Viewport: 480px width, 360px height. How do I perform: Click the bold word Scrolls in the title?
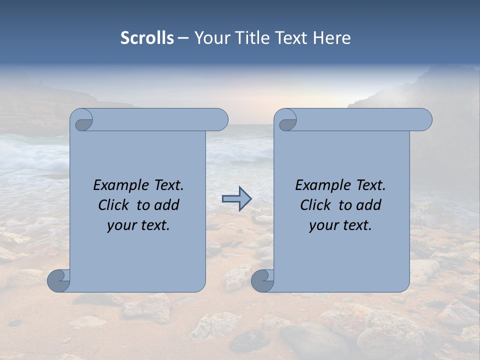pos(147,38)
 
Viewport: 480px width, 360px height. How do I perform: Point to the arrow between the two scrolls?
pos(236,198)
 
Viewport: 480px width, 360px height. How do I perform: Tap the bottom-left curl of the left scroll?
pos(58,280)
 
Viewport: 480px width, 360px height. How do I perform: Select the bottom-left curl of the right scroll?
pos(262,280)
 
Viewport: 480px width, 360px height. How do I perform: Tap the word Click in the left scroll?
pos(113,205)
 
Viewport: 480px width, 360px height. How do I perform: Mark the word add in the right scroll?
pos(369,205)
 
